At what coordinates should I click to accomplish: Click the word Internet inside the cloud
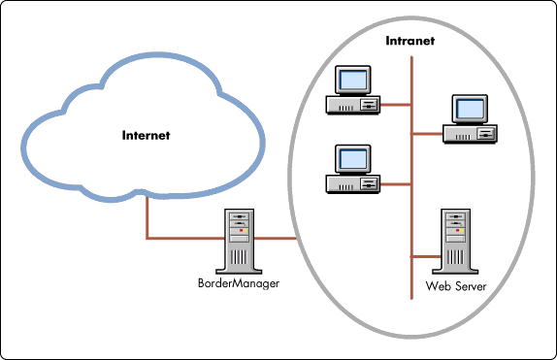click(146, 135)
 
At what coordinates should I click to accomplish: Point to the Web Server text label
click(454, 287)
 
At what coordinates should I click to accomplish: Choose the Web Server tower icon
click(454, 241)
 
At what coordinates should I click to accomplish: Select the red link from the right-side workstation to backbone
click(429, 132)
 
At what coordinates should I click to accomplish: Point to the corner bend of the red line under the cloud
click(147, 238)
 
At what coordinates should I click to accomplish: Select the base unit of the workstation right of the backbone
click(471, 133)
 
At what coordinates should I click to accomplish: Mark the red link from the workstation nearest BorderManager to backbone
click(396, 181)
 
